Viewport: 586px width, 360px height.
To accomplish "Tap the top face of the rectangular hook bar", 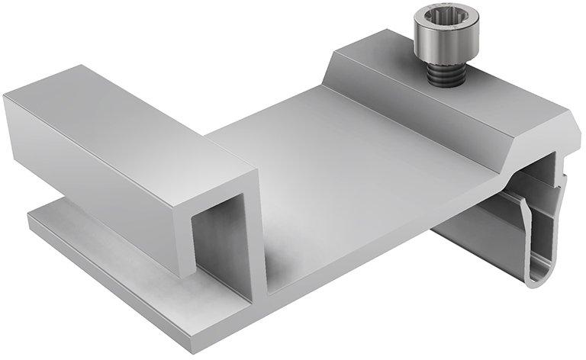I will click(130, 114).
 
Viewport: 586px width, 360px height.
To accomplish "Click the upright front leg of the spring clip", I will click(526, 236).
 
